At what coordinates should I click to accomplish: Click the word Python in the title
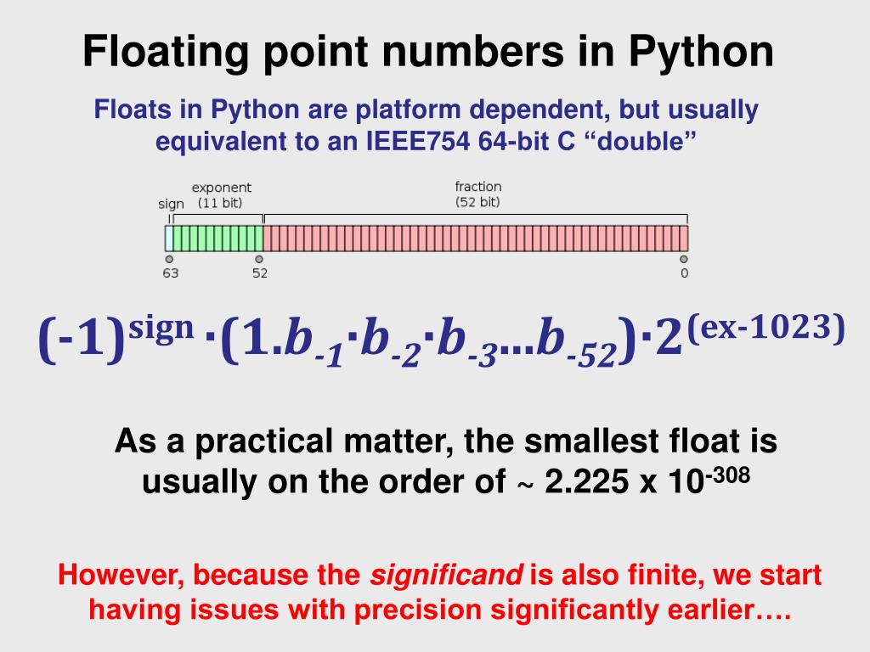pos(701,52)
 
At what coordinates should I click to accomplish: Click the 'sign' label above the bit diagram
pos(171,204)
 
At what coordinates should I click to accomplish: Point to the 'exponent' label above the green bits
pos(222,188)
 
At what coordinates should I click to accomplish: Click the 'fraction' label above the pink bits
pos(478,186)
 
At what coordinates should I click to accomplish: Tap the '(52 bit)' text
pos(477,202)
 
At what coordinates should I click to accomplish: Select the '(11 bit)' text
pos(220,203)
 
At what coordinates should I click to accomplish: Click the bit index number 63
pos(170,273)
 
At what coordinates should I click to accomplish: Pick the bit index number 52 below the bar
pos(260,273)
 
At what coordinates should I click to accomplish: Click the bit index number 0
pos(684,273)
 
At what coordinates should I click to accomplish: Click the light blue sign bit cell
pos(169,239)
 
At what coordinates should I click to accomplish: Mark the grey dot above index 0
pos(684,259)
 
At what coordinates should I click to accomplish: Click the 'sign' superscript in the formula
pos(161,329)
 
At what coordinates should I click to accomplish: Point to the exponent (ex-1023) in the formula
pos(766,327)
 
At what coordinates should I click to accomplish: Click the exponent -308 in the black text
pos(727,475)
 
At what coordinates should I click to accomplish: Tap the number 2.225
pos(586,481)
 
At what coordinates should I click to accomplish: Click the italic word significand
pos(446,576)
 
